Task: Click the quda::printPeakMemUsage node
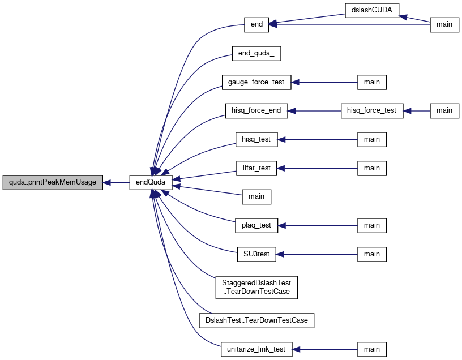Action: [53, 183]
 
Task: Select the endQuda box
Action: [151, 183]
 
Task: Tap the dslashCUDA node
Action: [372, 11]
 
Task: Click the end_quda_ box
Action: [256, 54]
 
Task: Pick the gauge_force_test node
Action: [256, 82]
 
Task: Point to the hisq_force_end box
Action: [256, 111]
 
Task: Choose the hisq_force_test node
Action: [372, 111]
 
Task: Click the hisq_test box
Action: [256, 139]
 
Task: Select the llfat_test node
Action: [256, 168]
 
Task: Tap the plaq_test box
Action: [256, 225]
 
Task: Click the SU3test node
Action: [256, 254]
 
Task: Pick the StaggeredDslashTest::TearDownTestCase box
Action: [256, 287]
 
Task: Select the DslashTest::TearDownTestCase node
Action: [256, 320]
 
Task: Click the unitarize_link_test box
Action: [256, 349]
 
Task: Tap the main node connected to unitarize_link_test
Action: [372, 349]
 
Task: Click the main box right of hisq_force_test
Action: [444, 111]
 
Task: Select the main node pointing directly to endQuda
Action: [256, 197]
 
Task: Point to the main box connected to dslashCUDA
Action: [444, 25]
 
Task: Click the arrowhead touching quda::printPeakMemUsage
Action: [106, 183]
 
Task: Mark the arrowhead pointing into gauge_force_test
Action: [295, 82]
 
